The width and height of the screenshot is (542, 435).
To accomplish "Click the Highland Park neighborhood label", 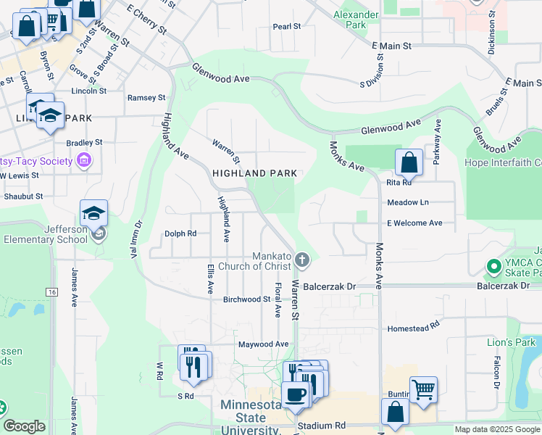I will point(254,173).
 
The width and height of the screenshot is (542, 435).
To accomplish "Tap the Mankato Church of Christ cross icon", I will point(303,259).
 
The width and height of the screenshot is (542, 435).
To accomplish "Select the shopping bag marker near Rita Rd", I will point(409,162).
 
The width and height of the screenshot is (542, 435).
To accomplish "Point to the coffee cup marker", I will point(295,394).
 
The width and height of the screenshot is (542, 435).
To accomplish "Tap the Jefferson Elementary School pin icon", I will point(97,233).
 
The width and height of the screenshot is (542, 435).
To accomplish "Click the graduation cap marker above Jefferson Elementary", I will point(93,213).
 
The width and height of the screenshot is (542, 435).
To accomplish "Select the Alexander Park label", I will point(356,20).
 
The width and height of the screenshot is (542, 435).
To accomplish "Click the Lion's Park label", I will point(510,341).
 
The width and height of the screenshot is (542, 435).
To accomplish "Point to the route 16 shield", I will point(51,291).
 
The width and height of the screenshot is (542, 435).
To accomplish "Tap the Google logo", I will point(24,426).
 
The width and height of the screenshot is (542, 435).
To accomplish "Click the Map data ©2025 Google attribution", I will point(496,430).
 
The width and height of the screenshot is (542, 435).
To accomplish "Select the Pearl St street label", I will point(287,26).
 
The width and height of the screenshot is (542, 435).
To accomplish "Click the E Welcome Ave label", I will point(414,223).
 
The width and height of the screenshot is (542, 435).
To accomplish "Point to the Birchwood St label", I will point(246,299).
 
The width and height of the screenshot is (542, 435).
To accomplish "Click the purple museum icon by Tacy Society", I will point(84,159).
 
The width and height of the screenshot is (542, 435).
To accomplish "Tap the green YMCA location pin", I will point(494,267).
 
